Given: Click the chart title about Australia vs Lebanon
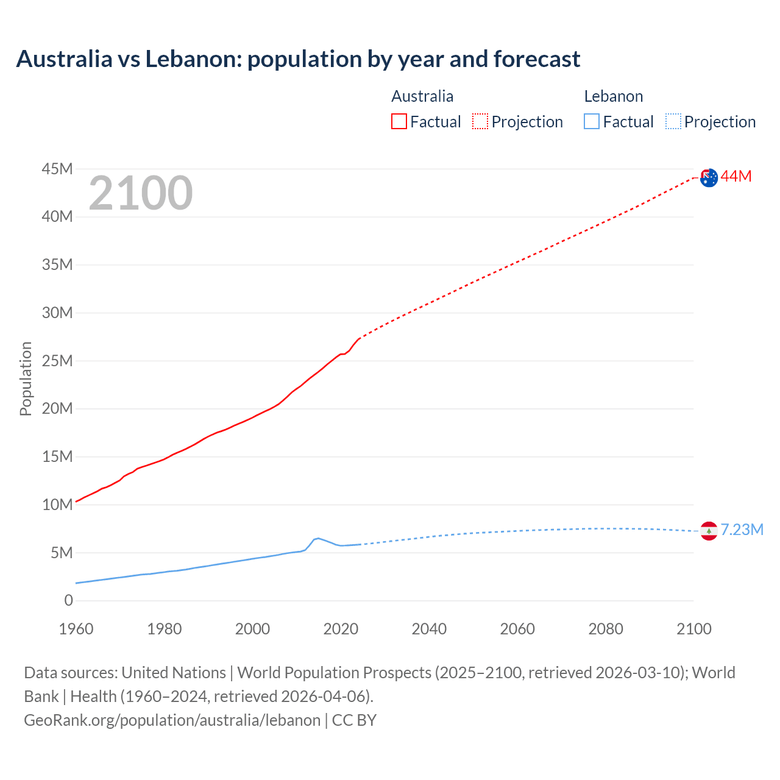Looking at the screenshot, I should (298, 59).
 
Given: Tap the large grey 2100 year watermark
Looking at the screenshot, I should (141, 193).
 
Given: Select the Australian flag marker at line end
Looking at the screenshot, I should (709, 177).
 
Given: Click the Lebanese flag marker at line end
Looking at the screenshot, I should (709, 531).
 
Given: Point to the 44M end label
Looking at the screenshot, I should (736, 177).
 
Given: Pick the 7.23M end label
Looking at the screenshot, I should (742, 530).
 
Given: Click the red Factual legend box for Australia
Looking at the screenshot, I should (399, 122).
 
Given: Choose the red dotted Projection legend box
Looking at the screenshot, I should (480, 122).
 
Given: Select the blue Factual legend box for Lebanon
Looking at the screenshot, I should (591, 122).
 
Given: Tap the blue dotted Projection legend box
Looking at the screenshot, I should (673, 122).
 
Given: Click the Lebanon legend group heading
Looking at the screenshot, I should (613, 96).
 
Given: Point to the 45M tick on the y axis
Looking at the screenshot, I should (57, 169).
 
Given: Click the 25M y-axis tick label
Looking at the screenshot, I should (57, 361).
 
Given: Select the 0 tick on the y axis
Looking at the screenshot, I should (68, 601).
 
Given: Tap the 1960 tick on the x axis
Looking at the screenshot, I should (76, 629).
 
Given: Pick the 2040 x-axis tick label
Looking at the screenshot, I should (429, 629).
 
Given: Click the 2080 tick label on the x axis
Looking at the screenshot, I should (606, 629).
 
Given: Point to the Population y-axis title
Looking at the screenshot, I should (26, 378).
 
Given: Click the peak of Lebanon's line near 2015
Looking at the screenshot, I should (317, 538).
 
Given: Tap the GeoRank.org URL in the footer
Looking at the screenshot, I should (172, 720).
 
